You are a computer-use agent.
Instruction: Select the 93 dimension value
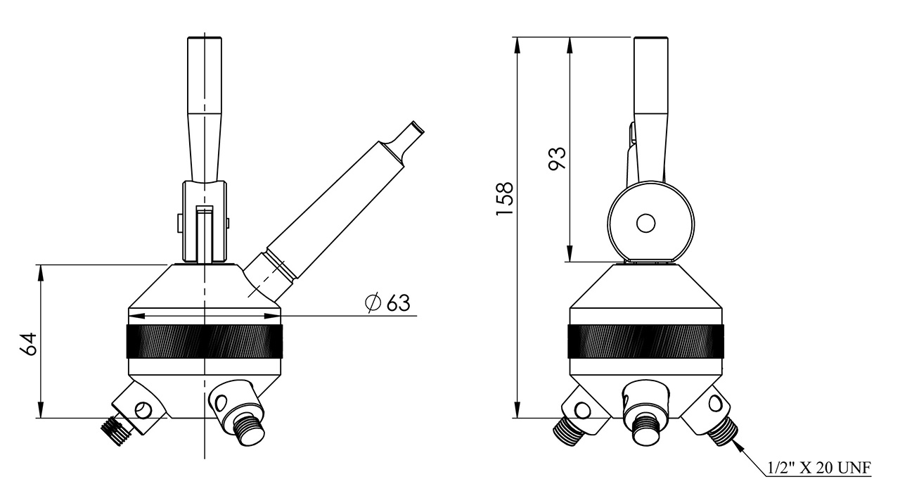coord(557,158)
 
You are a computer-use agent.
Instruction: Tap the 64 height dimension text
coord(28,343)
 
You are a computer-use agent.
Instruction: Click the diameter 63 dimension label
coord(387,303)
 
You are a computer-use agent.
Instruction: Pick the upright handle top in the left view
coord(204,42)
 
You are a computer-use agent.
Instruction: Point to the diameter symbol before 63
coord(373,303)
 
